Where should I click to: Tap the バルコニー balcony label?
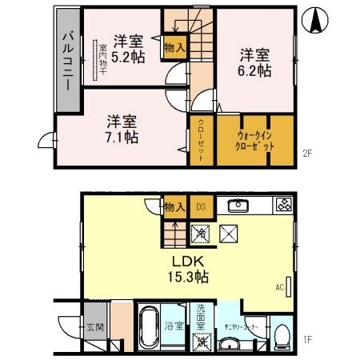click(x=67, y=61)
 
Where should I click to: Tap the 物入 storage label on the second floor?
click(x=174, y=48)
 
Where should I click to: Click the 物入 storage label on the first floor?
click(x=174, y=207)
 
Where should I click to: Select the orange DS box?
click(x=201, y=207)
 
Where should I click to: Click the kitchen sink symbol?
click(x=238, y=206)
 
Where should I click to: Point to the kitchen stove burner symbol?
click(x=283, y=206)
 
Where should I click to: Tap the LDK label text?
click(x=190, y=261)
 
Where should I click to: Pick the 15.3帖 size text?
click(x=190, y=276)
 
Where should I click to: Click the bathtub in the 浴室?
click(x=149, y=328)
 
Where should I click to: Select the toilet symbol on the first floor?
click(x=280, y=333)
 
